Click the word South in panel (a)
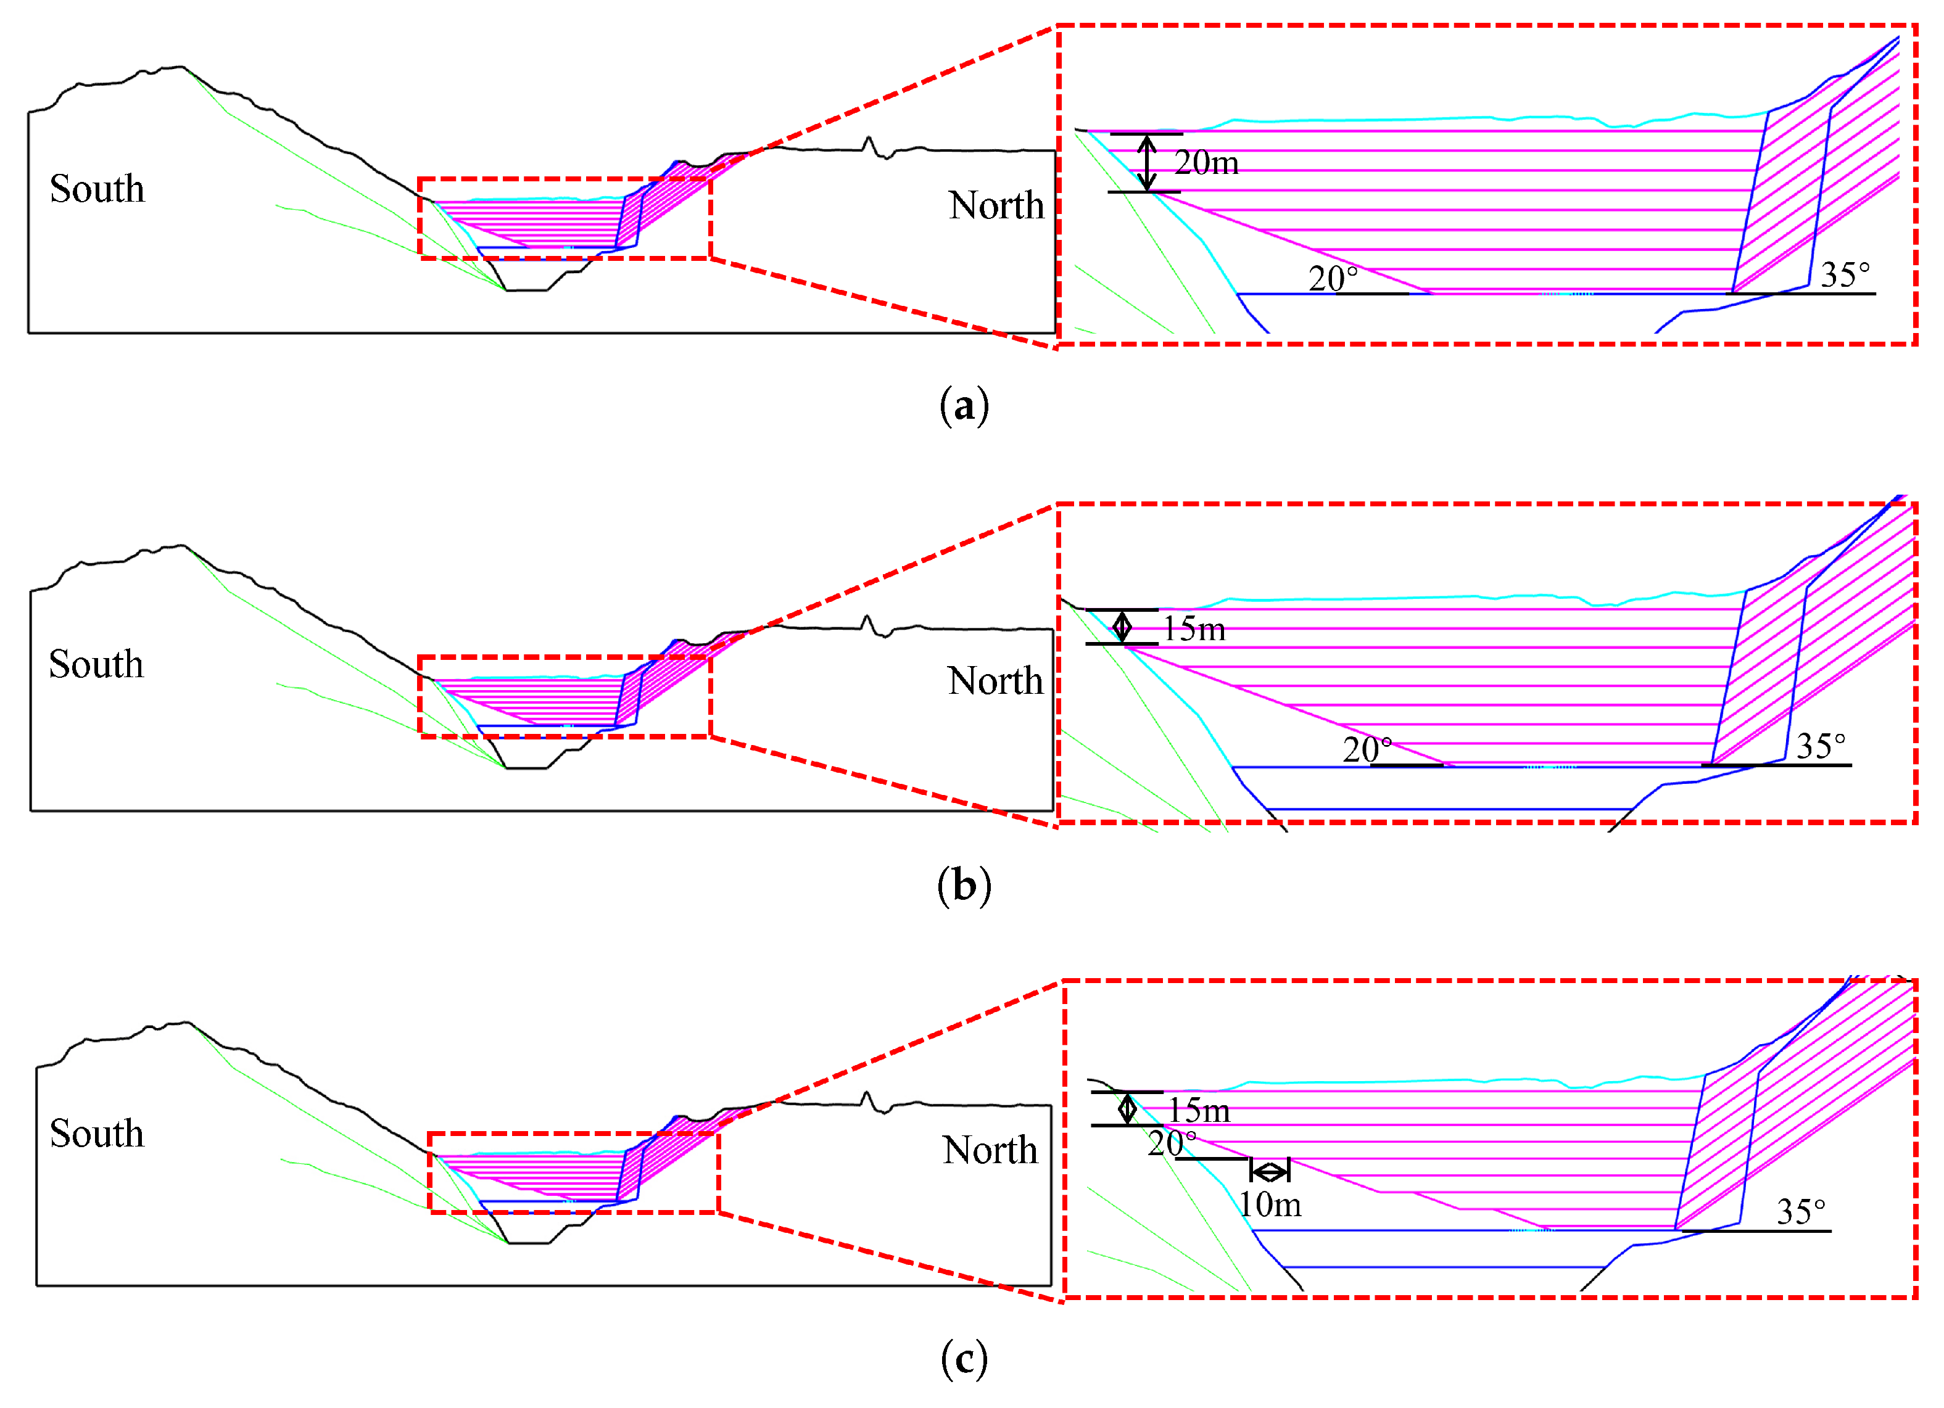pyautogui.click(x=97, y=189)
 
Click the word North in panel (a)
pyautogui.click(x=996, y=205)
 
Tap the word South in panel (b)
pyautogui.click(x=96, y=664)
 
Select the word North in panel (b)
pyautogui.click(x=995, y=681)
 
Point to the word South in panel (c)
pyautogui.click(x=97, y=1134)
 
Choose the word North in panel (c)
pyautogui.click(x=990, y=1150)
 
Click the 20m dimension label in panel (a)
pyautogui.click(x=1206, y=163)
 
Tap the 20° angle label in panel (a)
pyautogui.click(x=1333, y=279)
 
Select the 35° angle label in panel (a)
pyautogui.click(x=1845, y=275)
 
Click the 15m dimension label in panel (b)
pyautogui.click(x=1194, y=630)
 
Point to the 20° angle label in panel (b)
pyautogui.click(x=1367, y=749)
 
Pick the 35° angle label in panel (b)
pyautogui.click(x=1821, y=746)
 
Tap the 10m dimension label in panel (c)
pyautogui.click(x=1270, y=1205)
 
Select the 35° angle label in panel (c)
pyautogui.click(x=1801, y=1212)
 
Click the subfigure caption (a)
pyautogui.click(x=964, y=405)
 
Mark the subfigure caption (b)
pyautogui.click(x=964, y=884)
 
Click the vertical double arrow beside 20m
pyautogui.click(x=1147, y=163)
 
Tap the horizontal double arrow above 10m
pyautogui.click(x=1270, y=1171)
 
